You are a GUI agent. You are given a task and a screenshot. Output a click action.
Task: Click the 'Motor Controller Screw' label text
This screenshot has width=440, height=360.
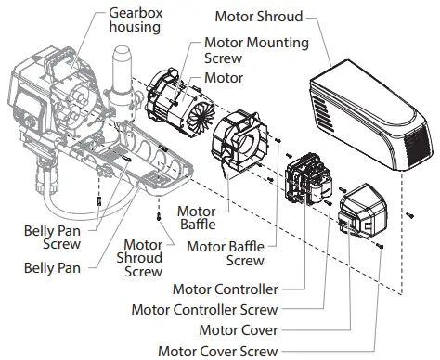point(205,309)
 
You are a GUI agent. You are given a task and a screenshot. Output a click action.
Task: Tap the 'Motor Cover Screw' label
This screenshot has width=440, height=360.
point(217,351)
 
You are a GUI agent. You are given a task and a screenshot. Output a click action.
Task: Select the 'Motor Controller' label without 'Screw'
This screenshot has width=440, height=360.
point(223,289)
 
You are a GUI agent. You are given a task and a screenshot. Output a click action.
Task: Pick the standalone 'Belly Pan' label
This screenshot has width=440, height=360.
point(51,267)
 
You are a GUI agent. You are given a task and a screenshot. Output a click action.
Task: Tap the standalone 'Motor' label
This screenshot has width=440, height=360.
point(223,79)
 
